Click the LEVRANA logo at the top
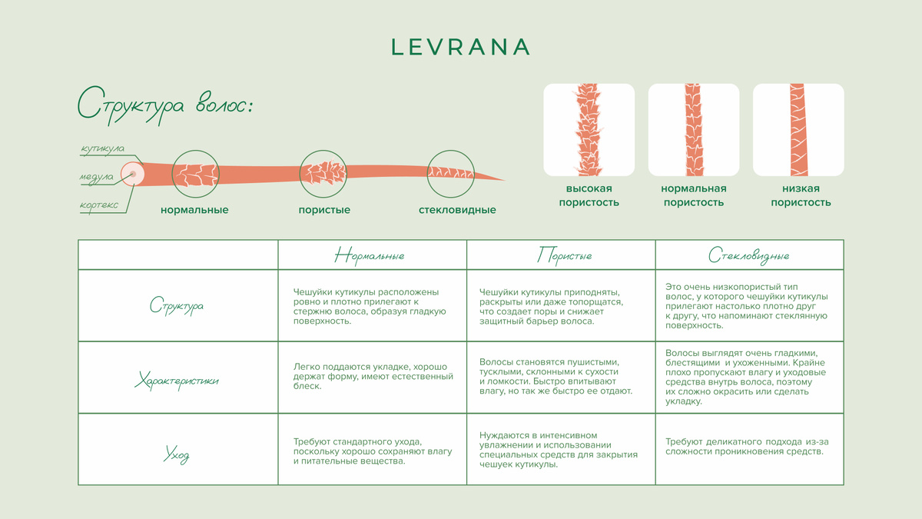[x=460, y=47]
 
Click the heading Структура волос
[x=165, y=105]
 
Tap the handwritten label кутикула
[x=103, y=148]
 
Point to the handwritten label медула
[x=96, y=177]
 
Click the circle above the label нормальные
[x=194, y=173]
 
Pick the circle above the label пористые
[x=323, y=173]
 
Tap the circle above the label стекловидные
[x=451, y=173]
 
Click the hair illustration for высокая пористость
[x=589, y=130]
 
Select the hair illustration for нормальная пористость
[x=693, y=130]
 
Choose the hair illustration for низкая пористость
[x=798, y=130]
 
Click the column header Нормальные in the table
[x=370, y=255]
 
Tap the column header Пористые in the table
[x=564, y=255]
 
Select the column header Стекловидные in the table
[x=748, y=255]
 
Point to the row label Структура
[x=177, y=306]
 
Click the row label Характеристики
[x=177, y=380]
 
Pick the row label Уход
[x=177, y=454]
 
